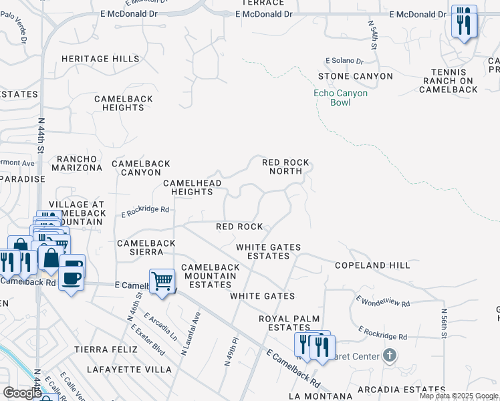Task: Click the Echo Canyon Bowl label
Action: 340,98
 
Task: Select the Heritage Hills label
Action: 100,59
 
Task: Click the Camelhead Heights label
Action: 188,187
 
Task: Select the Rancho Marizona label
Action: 78,163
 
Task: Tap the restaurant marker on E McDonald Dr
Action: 464,23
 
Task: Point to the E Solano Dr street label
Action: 344,61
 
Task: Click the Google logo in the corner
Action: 22,392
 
